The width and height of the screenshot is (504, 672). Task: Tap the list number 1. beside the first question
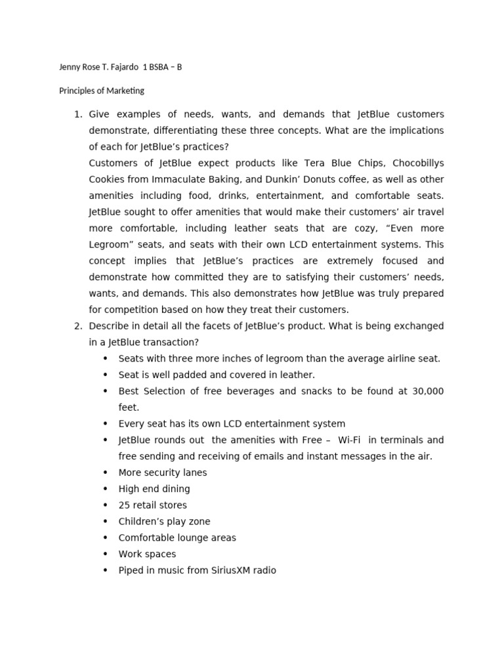pos(77,114)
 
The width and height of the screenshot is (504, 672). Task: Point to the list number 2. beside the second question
pos(77,326)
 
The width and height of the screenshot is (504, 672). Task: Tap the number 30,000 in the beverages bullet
pos(427,391)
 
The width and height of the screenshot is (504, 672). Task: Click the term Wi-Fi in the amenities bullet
pos(349,440)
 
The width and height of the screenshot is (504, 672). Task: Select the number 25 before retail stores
pos(124,505)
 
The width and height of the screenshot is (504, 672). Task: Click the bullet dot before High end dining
pos(105,489)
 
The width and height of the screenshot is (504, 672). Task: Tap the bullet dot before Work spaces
pos(105,554)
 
